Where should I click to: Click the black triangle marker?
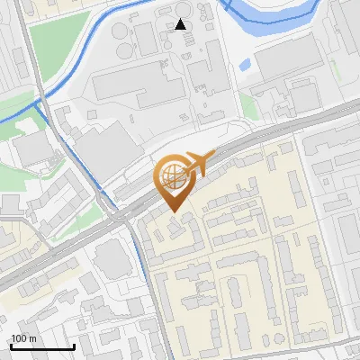point(181,24)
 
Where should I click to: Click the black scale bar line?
point(42,346)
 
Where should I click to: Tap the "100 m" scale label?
point(24,338)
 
